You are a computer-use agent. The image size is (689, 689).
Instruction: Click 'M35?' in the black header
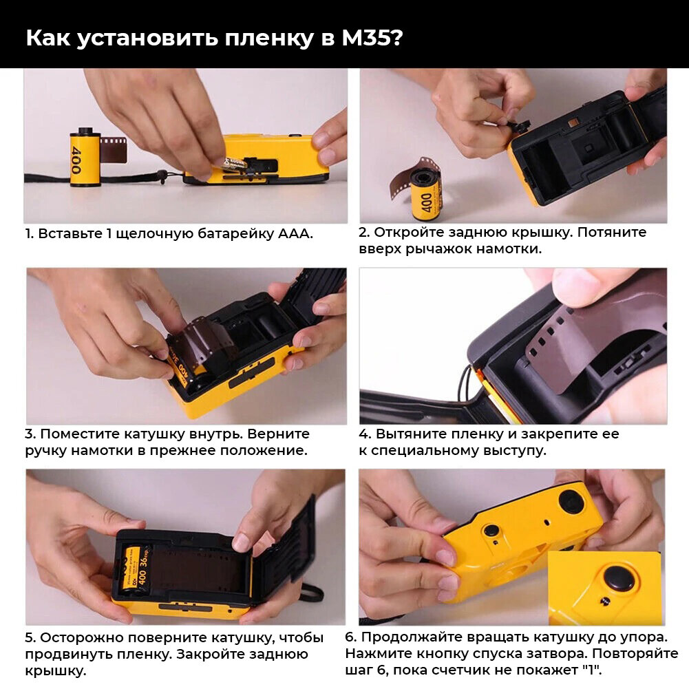pyautogui.click(x=372, y=38)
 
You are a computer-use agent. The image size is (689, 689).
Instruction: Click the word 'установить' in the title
pyautogui.click(x=147, y=39)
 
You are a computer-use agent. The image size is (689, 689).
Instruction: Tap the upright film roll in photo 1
pyautogui.click(x=85, y=157)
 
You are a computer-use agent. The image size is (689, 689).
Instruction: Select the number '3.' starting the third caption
pyautogui.click(x=30, y=434)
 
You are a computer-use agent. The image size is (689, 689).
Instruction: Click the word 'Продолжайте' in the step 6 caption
pyautogui.click(x=407, y=637)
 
